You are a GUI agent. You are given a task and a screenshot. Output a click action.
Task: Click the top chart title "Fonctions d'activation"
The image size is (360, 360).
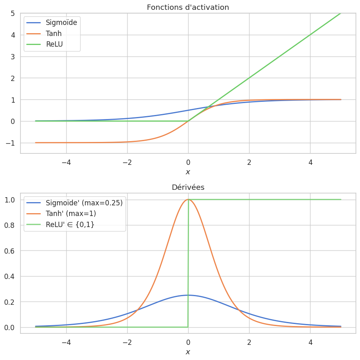188,7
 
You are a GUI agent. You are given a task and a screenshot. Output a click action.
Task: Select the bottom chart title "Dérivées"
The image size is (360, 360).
188,187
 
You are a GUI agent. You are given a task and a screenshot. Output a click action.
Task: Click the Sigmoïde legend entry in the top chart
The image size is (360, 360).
61,22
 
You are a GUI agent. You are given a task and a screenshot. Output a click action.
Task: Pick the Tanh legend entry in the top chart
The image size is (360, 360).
54,34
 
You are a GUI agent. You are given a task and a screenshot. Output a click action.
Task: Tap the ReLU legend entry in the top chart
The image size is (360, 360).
54,44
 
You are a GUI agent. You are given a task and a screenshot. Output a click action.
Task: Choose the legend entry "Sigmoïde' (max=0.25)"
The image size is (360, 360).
84,202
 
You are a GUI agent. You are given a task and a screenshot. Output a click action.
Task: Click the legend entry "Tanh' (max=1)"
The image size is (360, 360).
71,214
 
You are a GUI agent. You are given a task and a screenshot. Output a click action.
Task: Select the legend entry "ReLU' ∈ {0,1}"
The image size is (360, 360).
70,224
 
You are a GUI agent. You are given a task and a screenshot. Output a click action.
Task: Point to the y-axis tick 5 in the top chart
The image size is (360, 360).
13,13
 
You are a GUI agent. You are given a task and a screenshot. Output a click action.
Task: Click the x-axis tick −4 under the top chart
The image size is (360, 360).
66,162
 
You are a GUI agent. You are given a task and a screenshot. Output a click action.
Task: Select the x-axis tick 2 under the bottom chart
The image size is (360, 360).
249,342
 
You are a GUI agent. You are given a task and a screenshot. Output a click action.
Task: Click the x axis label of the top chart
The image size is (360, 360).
188,172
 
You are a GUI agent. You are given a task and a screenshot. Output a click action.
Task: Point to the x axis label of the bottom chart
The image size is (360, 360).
188,352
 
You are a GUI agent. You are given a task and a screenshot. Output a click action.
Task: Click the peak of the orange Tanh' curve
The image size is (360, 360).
188,200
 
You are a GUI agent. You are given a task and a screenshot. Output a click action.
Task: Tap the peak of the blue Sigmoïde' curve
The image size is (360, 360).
188,295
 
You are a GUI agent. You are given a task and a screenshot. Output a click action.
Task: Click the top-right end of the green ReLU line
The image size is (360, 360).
340,13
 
